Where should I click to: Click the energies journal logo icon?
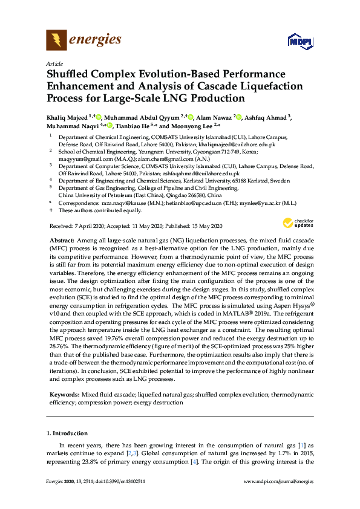57,40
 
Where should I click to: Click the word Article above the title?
54,63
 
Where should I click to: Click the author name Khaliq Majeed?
68,116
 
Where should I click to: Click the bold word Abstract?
61,240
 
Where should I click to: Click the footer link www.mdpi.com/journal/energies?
278,497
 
